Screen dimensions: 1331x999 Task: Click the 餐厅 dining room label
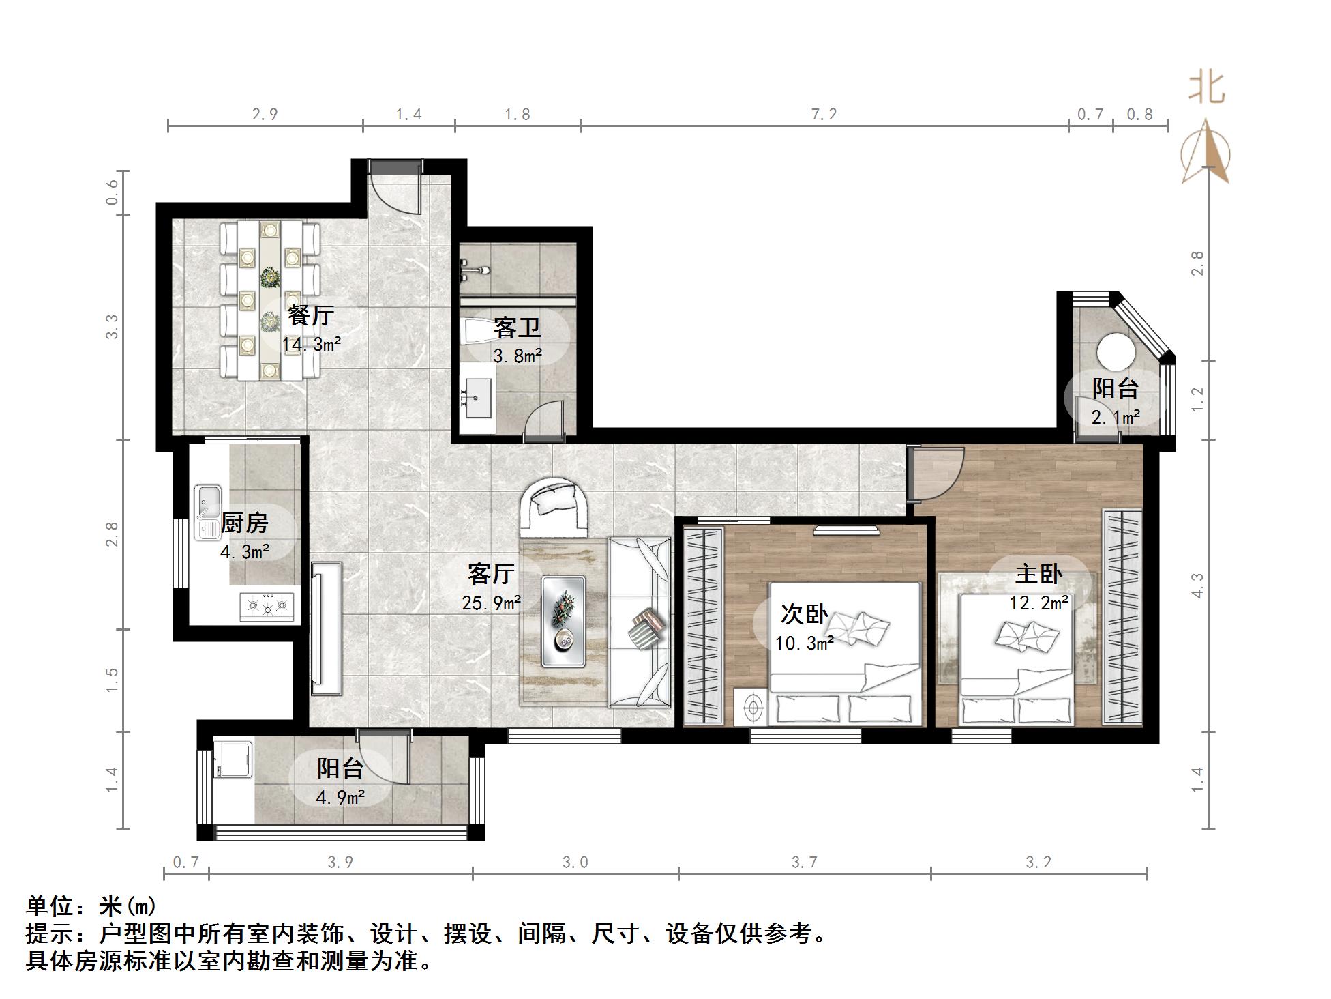[x=310, y=315]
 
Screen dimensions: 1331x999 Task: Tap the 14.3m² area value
[x=312, y=344]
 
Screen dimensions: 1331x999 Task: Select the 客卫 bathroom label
[x=518, y=328]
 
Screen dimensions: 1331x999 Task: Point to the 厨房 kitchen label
[x=245, y=523]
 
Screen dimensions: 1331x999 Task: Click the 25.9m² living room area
[x=492, y=603]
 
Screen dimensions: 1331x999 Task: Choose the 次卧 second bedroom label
[x=805, y=614]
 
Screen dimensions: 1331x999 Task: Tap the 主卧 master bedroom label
[x=1038, y=574]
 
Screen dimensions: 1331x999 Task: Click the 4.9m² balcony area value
[x=340, y=796]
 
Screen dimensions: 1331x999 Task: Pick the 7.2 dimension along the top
[x=824, y=114]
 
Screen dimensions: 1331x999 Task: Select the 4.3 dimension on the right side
[x=1197, y=585]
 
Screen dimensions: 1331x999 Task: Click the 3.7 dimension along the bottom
[x=805, y=863]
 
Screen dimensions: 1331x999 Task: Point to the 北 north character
[x=1207, y=88]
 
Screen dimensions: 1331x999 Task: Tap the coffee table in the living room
[x=563, y=621]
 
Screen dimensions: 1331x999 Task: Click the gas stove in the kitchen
[x=267, y=607]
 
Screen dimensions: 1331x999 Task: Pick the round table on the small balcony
[x=1116, y=352]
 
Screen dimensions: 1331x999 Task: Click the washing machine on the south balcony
[x=233, y=759]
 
